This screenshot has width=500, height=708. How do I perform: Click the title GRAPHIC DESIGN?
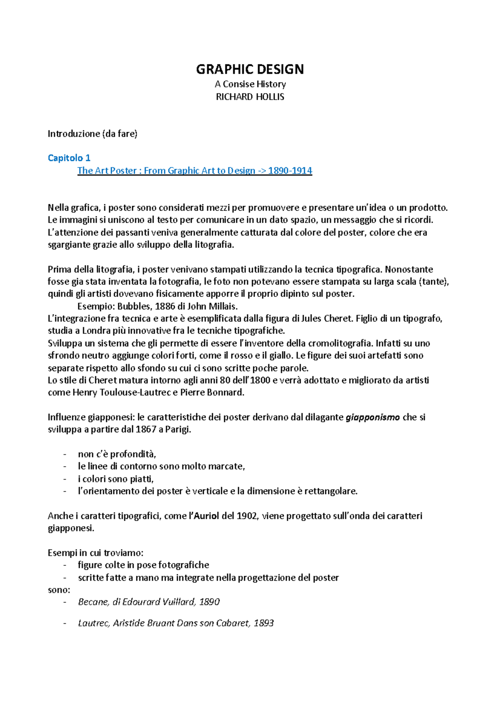pos(250,69)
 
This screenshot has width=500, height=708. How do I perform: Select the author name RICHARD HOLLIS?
pos(250,97)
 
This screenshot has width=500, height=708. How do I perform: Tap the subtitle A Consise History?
pos(250,84)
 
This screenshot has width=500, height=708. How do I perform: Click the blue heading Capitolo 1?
pos(69,158)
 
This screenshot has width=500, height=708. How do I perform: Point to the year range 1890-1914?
pos(290,171)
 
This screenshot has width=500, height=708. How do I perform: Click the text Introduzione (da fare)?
pos(92,134)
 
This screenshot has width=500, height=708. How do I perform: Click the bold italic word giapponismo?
pos(373,417)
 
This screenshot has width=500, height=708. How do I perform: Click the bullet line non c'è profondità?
pos(117,454)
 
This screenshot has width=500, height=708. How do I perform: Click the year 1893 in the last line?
pos(263,623)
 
